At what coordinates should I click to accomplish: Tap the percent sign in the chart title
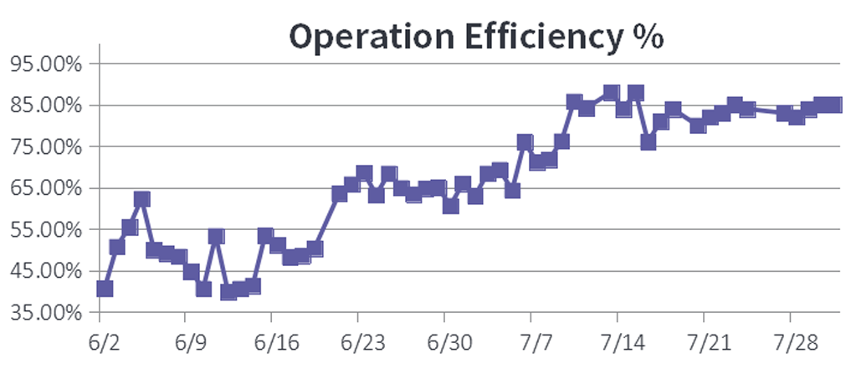click(645, 36)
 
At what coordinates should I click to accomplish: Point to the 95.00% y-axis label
click(46, 64)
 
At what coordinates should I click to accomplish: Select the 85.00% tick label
click(46, 105)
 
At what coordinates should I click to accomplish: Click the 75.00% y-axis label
click(46, 147)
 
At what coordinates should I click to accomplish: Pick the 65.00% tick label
click(46, 188)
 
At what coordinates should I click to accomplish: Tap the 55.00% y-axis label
click(46, 230)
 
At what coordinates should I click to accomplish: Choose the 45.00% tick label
click(46, 271)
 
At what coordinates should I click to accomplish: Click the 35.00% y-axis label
click(46, 313)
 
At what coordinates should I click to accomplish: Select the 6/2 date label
click(100, 345)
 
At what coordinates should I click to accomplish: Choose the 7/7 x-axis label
click(531, 345)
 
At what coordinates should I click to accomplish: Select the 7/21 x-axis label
click(703, 345)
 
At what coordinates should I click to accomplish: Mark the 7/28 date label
click(790, 345)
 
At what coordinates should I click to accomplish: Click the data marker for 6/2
click(105, 289)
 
